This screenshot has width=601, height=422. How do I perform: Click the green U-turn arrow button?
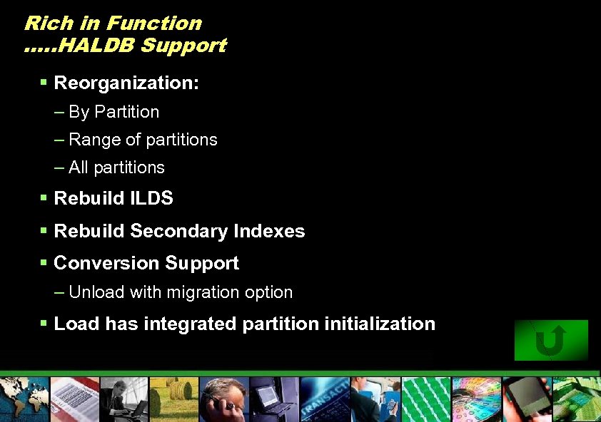pyautogui.click(x=551, y=340)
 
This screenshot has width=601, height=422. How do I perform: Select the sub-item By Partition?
pyautogui.click(x=113, y=112)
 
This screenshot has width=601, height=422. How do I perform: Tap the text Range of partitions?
pyautogui.click(x=143, y=140)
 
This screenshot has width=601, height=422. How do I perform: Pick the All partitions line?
pyautogui.click(x=116, y=168)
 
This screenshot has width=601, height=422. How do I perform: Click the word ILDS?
pyautogui.click(x=151, y=198)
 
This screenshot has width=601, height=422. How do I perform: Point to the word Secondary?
pyautogui.click(x=178, y=231)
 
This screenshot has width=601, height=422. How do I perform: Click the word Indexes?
pyautogui.click(x=269, y=231)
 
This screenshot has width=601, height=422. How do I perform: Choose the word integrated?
pyautogui.click(x=191, y=324)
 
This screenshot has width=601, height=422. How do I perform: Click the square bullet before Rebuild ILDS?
pyautogui.click(x=44, y=198)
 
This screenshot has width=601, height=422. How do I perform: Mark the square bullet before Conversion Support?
pyautogui.click(x=44, y=263)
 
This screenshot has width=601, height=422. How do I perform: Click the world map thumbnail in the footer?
pyautogui.click(x=24, y=399)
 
